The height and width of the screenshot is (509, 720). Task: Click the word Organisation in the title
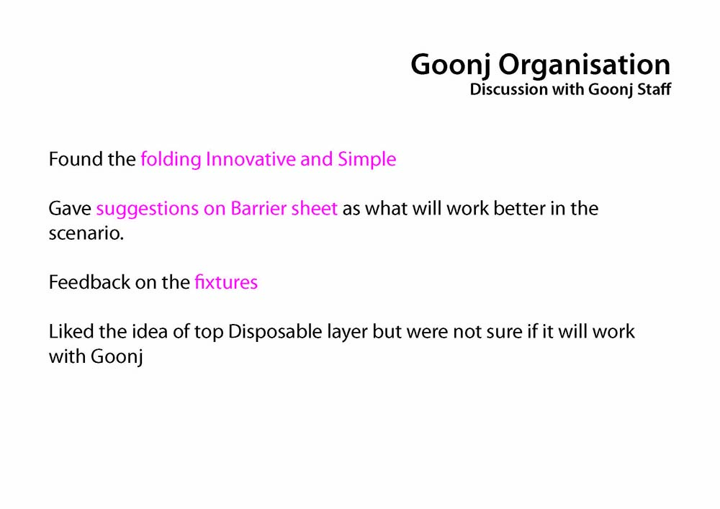click(x=584, y=66)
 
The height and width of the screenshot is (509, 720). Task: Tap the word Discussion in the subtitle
click(x=509, y=89)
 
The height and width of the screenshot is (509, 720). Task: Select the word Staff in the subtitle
click(x=654, y=89)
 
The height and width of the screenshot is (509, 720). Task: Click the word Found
click(x=76, y=159)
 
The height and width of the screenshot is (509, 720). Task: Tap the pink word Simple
click(x=367, y=160)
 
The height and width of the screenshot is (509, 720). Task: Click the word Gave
click(x=70, y=209)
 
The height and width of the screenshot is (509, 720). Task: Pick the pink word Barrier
click(x=258, y=209)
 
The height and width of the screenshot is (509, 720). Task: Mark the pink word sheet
click(x=315, y=209)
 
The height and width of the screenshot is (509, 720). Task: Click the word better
click(x=519, y=209)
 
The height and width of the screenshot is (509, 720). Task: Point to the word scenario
click(x=86, y=233)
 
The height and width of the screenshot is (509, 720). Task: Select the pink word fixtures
click(x=226, y=282)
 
